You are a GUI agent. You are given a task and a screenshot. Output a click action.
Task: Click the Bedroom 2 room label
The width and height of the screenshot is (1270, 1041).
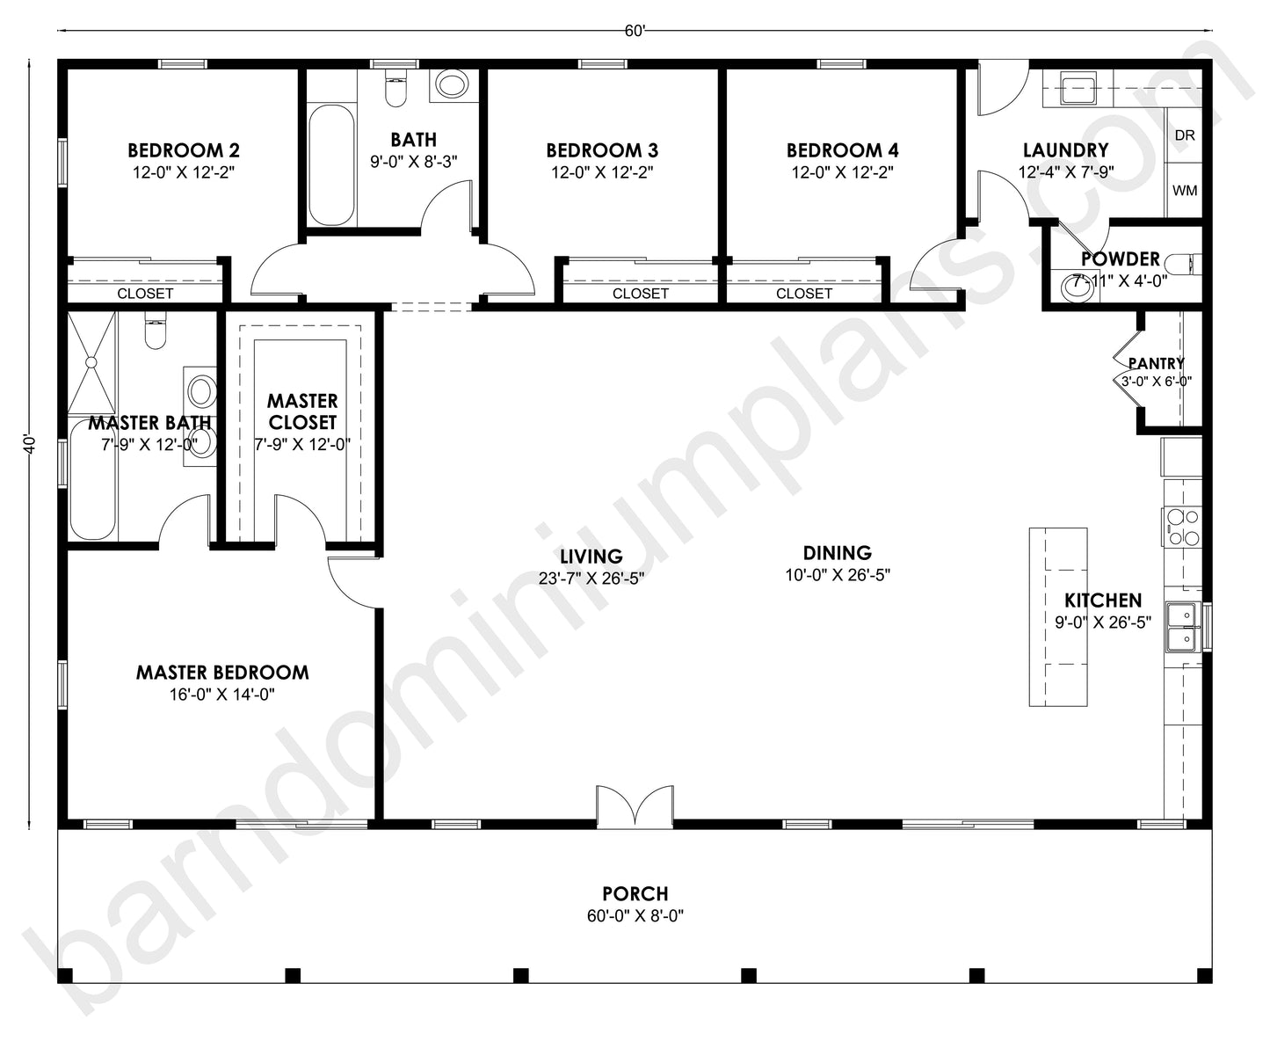(x=183, y=150)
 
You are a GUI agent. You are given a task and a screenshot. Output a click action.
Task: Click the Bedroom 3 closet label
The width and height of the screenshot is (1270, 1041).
(x=640, y=294)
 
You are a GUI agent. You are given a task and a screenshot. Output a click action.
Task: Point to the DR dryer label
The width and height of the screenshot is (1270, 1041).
(x=1185, y=135)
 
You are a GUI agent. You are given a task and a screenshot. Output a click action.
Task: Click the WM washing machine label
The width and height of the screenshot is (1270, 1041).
(x=1185, y=191)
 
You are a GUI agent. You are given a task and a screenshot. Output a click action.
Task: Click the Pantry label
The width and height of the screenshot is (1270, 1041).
(x=1156, y=363)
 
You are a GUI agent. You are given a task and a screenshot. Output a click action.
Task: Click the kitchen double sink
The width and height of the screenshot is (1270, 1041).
(x=1182, y=626)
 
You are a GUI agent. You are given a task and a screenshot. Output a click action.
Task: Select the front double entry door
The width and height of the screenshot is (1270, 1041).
(x=635, y=807)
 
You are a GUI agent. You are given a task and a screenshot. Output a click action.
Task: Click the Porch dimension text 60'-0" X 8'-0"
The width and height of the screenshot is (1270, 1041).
(x=635, y=916)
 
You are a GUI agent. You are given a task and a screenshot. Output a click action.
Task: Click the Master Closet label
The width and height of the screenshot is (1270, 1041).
(x=302, y=411)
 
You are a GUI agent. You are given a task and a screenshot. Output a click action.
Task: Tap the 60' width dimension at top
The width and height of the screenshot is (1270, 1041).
(x=635, y=31)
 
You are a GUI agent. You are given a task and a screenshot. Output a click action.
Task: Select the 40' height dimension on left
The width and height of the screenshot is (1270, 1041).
(x=31, y=444)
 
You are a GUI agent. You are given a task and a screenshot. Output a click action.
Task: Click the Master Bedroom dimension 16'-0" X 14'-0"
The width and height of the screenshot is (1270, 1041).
(x=222, y=695)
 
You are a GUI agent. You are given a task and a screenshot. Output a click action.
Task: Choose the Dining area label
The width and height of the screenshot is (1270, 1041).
(x=837, y=553)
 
